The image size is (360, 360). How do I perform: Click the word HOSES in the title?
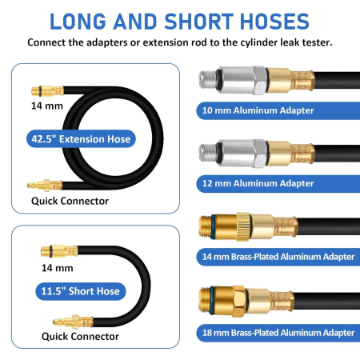[274, 22]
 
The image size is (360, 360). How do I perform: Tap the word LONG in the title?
[78, 22]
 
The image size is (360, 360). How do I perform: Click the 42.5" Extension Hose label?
[81, 139]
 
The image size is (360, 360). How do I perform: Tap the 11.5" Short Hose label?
[81, 291]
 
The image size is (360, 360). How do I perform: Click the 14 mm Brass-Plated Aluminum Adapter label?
[278, 257]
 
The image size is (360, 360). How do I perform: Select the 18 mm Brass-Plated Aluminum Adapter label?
[278, 333]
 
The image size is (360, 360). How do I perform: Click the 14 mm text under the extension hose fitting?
[47, 106]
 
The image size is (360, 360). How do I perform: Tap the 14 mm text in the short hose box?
[57, 268]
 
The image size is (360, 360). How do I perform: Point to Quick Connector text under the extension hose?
[70, 201]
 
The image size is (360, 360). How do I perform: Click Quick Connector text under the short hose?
[80, 337]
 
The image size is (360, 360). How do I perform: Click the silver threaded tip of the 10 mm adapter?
[208, 79]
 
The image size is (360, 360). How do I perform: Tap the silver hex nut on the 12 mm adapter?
[260, 154]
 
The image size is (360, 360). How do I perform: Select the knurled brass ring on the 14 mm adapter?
[243, 226]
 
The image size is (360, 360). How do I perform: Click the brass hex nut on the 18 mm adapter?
[238, 302]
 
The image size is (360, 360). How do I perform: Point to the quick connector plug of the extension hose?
[45, 186]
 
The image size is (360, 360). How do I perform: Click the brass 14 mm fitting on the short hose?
[59, 251]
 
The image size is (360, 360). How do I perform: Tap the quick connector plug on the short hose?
[73, 322]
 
